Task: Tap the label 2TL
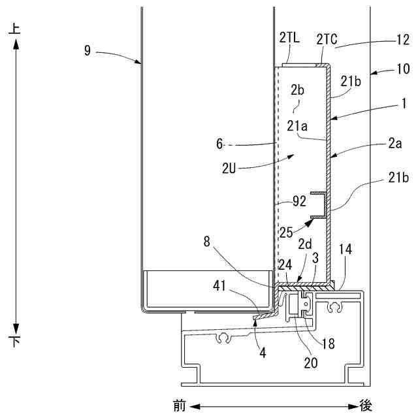pos(290,39)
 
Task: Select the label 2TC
pos(327,39)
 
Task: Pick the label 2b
pos(298,89)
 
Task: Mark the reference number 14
pos(346,249)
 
